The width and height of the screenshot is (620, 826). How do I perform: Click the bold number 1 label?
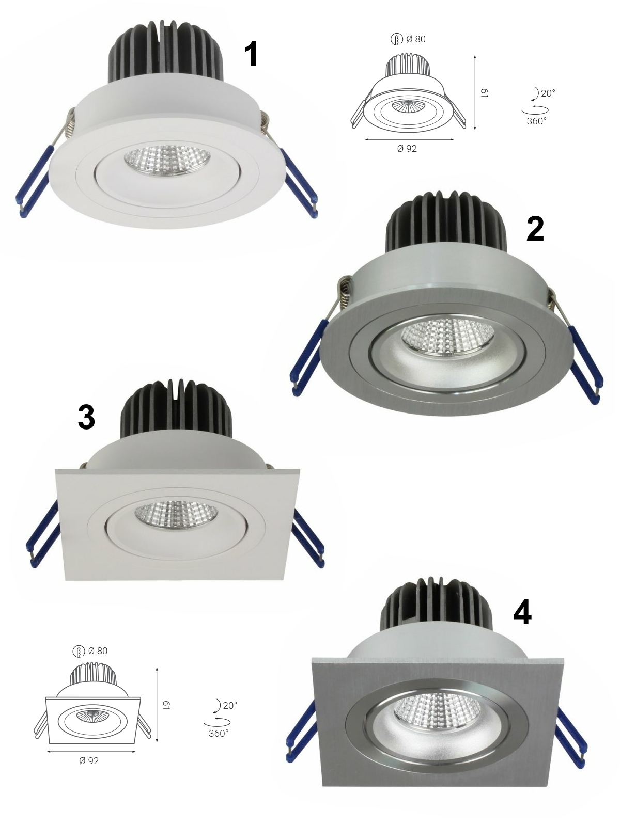coord(251,55)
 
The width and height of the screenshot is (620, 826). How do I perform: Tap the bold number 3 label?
coord(86,417)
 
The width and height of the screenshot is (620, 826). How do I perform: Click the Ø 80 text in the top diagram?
coord(416,39)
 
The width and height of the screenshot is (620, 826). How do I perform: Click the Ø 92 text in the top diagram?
coord(407,149)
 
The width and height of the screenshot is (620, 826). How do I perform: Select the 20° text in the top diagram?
coord(548,93)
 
